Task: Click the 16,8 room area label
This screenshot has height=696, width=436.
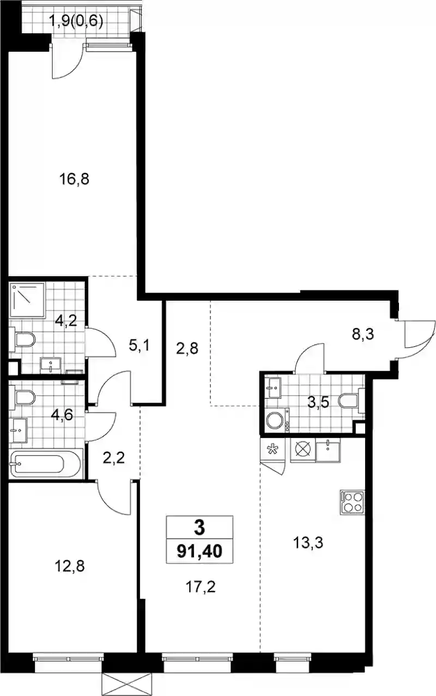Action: coord(74,179)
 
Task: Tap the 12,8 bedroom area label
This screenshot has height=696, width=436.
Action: coord(70,566)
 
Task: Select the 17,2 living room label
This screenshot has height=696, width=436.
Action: coord(201,587)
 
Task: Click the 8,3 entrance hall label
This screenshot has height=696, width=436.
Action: coord(362,334)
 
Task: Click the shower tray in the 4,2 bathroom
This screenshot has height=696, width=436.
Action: coord(27,300)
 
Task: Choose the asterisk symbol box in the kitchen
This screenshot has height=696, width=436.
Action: coord(273,449)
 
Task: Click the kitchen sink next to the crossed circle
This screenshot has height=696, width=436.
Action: coord(328,450)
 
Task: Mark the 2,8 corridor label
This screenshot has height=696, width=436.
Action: coord(187,349)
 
